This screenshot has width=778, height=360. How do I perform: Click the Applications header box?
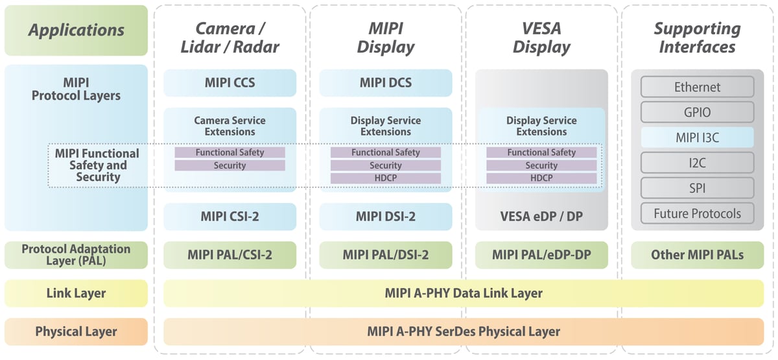click(76, 30)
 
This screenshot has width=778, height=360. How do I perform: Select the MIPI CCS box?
click(230, 83)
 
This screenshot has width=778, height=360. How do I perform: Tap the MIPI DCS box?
click(385, 83)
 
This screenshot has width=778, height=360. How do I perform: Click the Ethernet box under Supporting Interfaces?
click(697, 87)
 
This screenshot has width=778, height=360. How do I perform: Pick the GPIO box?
click(697, 112)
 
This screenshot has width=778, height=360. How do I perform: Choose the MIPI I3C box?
click(697, 138)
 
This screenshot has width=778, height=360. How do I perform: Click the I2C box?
click(697, 163)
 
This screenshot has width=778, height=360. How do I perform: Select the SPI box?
click(697, 188)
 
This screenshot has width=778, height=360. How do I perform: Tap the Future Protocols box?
click(697, 213)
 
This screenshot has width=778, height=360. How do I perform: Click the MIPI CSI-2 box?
click(230, 217)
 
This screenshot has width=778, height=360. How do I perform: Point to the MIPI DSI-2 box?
click(385, 217)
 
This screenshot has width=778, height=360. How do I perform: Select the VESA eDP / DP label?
click(541, 217)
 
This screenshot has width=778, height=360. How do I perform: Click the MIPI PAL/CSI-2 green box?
click(230, 255)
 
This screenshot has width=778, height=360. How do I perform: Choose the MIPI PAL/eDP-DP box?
click(541, 255)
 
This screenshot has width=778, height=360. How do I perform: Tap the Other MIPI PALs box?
click(697, 255)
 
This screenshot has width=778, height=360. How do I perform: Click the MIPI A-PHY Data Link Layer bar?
click(464, 293)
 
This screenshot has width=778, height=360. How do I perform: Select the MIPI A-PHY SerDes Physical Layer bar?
click(464, 331)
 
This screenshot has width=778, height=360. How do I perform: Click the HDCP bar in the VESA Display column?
click(541, 178)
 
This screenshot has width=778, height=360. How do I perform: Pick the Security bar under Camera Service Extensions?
click(230, 165)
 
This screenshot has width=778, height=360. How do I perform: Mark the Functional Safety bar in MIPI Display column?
click(385, 152)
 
